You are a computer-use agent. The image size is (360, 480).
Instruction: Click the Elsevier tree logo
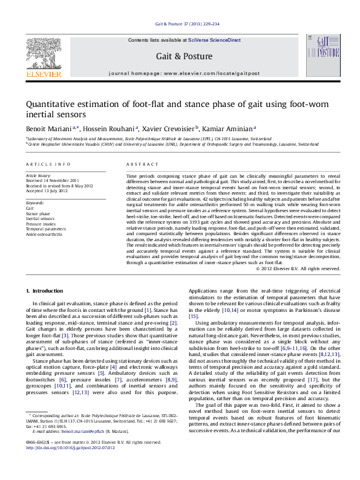[44, 53]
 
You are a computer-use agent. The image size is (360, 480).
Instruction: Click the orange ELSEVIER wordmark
[44, 74]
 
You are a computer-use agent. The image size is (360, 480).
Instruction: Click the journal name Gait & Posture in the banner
[185, 56]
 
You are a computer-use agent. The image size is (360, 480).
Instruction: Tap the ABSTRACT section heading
[138, 164]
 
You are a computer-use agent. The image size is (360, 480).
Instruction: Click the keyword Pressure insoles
[41, 224]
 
